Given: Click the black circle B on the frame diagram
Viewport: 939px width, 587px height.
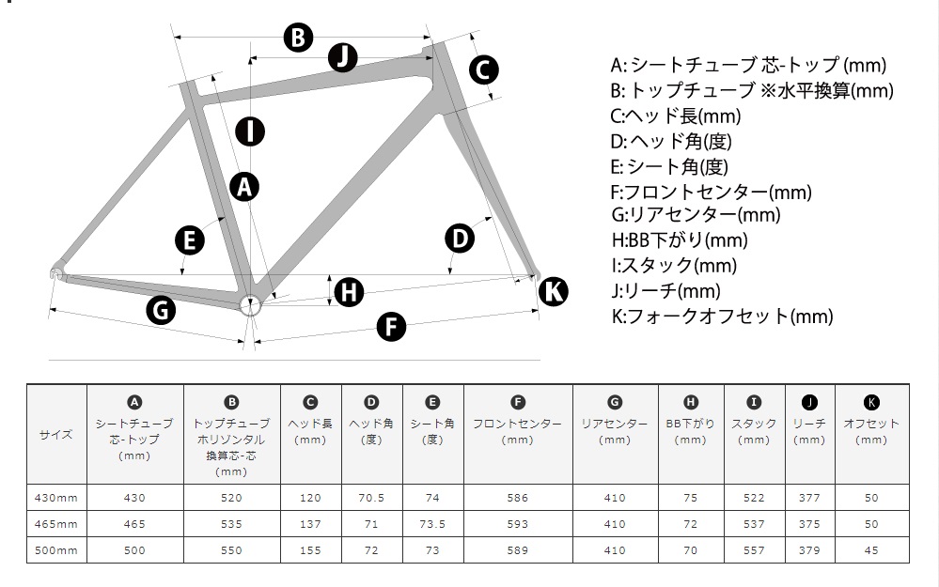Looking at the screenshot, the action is pos(298,38).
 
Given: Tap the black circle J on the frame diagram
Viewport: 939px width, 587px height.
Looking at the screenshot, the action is pos(342,57).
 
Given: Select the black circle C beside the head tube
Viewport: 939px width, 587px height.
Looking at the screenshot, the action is pos(483,70).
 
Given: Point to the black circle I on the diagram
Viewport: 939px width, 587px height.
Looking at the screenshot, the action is pos(250,131).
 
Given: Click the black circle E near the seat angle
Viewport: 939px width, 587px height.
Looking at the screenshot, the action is pos(189,240).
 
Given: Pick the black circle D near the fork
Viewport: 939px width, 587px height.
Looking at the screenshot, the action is pos(460,239).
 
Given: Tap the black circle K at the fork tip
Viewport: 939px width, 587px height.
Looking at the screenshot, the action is pos(553,291).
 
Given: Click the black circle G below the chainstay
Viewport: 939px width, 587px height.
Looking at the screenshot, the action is pos(161,311).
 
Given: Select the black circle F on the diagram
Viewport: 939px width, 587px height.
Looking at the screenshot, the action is pos(391,327).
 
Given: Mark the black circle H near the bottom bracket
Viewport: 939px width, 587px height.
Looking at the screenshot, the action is pos(349,293).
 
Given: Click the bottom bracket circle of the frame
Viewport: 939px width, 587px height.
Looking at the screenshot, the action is pos(250,306).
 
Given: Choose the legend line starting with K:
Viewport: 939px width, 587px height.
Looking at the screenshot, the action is pos(722,316).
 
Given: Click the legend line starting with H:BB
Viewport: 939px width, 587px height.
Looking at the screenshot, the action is pos(680,239).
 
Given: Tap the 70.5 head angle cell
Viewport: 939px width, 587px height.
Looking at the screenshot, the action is pos(371,498).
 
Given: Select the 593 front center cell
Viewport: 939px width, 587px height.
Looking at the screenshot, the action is pos(517,524).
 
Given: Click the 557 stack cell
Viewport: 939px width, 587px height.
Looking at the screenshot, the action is pos(754,550).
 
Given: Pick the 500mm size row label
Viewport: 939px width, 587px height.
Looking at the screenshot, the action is pos(56,550).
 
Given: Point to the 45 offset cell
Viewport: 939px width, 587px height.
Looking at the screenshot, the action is pos(871,550).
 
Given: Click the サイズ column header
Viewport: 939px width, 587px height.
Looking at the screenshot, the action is pos(56,435).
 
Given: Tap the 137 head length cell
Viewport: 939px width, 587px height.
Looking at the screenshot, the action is pos(310,524).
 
